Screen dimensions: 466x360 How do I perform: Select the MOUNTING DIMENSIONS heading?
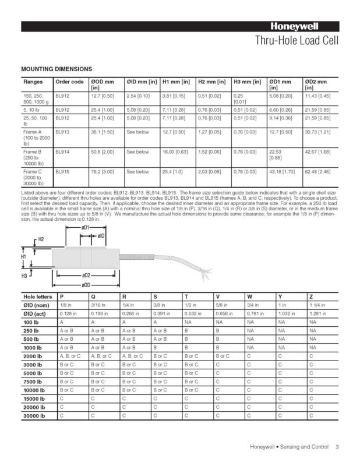tap(56, 68)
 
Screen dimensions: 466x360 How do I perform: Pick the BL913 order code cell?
tap(62, 132)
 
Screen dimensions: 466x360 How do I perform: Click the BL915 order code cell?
tap(62, 172)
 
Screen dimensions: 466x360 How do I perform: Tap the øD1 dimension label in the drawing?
tap(85, 227)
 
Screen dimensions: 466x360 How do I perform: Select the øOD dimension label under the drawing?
tap(86, 284)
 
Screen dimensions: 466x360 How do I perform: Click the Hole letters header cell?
tap(38, 296)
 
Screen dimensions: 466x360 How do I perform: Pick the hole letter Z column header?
tap(312, 296)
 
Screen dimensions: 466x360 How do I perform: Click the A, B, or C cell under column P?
tap(71, 355)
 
